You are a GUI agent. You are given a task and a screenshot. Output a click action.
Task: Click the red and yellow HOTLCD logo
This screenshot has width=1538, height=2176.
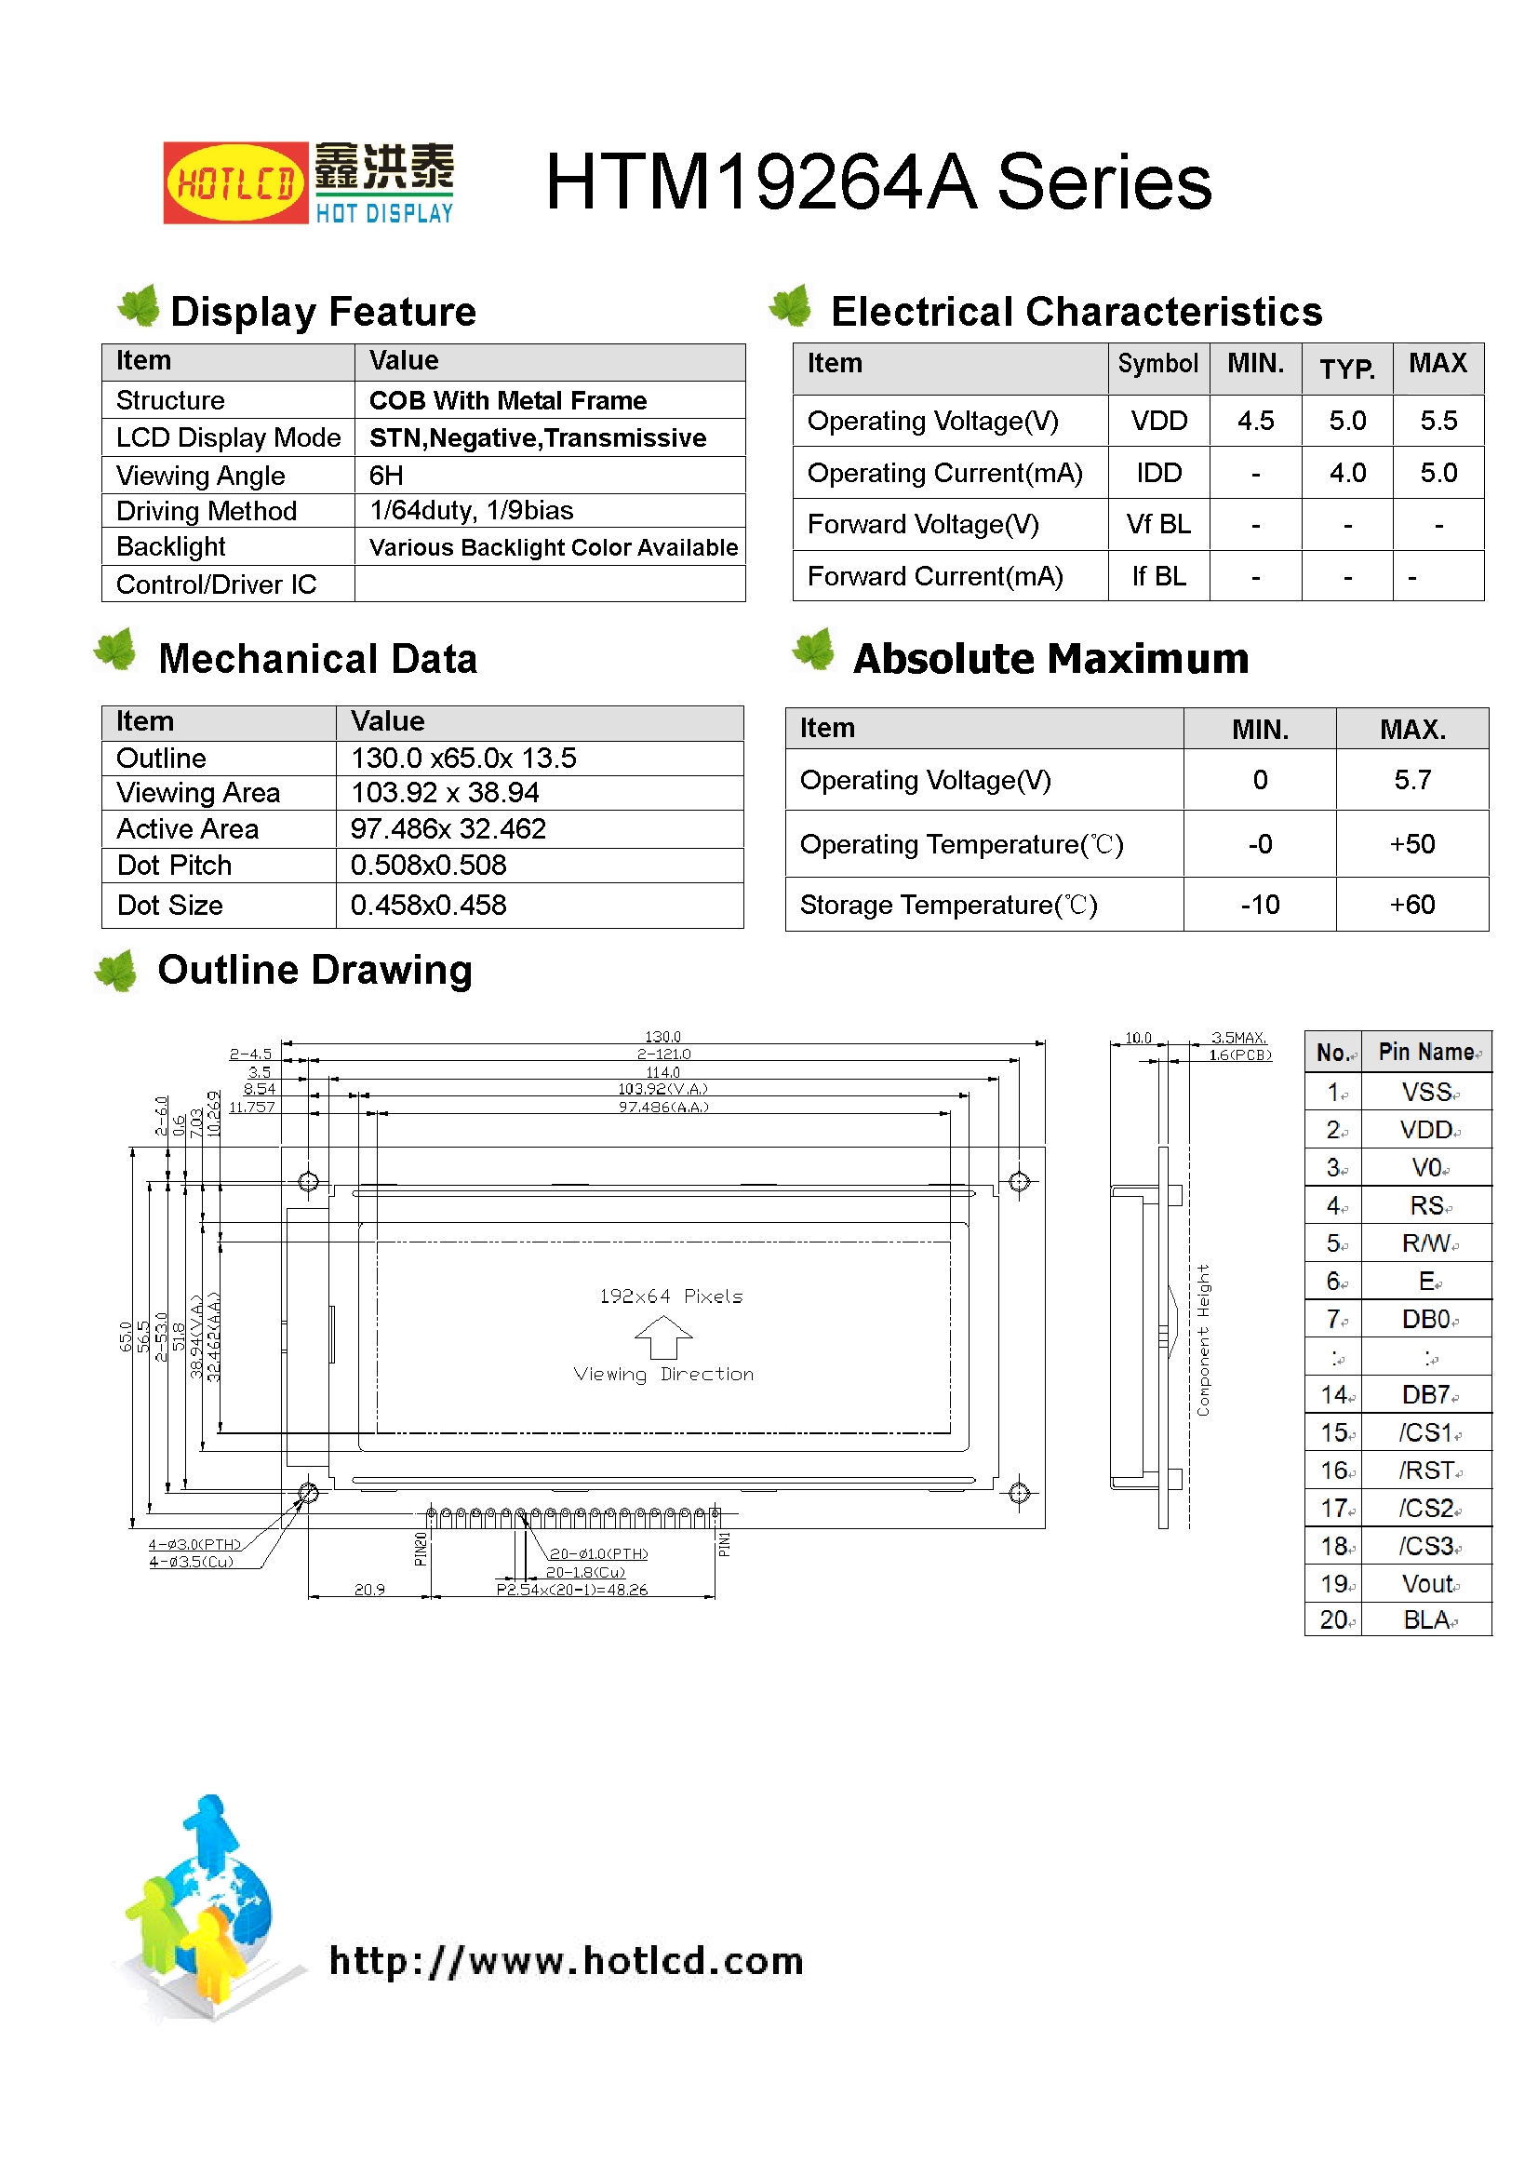point(235,183)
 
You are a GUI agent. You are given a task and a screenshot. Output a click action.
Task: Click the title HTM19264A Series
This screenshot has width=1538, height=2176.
point(877,182)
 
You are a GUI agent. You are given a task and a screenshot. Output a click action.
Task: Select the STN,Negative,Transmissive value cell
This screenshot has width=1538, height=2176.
point(537,437)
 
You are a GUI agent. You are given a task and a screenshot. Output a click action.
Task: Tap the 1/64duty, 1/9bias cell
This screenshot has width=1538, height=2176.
point(471,511)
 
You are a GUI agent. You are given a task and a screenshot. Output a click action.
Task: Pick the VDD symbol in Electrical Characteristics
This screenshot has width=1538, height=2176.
point(1158,421)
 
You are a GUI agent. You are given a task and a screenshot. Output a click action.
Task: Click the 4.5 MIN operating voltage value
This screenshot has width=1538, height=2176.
point(1255,421)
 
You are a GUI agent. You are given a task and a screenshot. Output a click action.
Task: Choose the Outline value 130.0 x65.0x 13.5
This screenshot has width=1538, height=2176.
point(463,759)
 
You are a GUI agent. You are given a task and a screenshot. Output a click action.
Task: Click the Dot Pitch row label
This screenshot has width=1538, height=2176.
point(174,866)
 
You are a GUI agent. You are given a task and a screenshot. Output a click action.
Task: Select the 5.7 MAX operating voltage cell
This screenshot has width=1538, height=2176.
point(1412,780)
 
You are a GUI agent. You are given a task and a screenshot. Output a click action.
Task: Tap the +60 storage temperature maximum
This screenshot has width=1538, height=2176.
point(1412,905)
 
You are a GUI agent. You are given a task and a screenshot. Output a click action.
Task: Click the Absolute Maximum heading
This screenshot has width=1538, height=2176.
point(1050,659)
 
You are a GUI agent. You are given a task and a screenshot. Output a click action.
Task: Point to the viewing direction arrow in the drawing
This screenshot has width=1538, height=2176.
point(663,1336)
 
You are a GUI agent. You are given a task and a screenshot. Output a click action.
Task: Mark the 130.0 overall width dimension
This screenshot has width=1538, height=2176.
point(662,1037)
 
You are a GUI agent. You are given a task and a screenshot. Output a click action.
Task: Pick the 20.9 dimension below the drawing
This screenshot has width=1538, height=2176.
point(369,1590)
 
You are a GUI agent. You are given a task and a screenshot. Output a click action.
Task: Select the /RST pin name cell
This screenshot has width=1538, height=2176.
point(1426,1471)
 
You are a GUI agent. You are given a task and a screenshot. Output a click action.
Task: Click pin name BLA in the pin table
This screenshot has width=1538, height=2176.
point(1426,1620)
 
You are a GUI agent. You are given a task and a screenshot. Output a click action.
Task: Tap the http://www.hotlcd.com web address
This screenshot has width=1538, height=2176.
point(566,1962)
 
